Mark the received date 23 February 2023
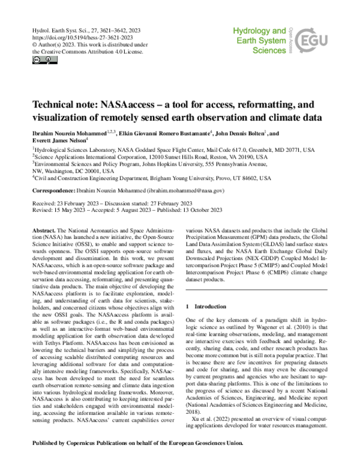click(x=81, y=202)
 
